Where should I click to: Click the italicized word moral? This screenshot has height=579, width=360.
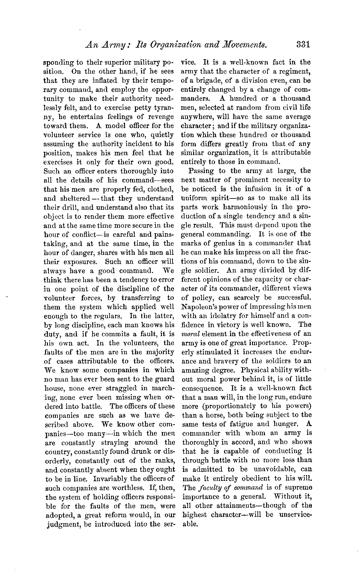189,334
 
